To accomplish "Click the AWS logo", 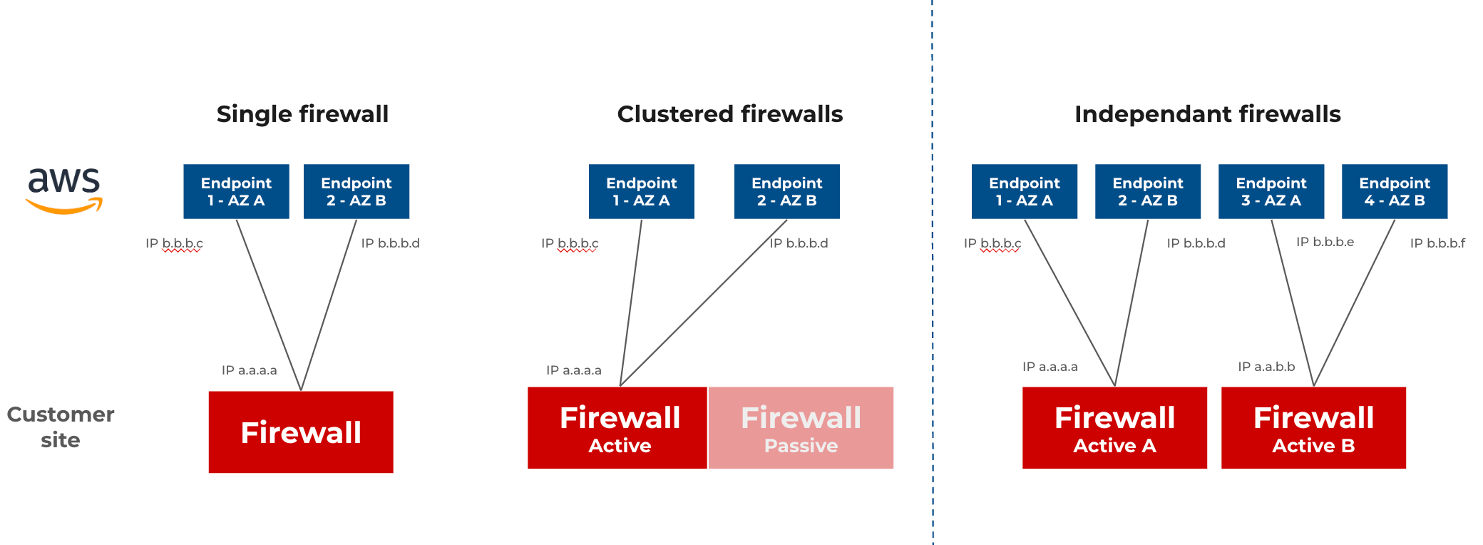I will (x=64, y=190).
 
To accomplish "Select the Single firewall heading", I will (x=302, y=114).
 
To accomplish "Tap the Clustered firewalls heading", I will (x=729, y=114).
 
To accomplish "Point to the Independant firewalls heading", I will (x=1207, y=114).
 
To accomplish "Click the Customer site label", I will (x=61, y=427).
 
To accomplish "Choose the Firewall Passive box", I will (x=801, y=428).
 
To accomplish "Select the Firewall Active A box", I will (x=1114, y=428).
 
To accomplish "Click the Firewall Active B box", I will (x=1313, y=428).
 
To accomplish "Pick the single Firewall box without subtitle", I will (x=301, y=432).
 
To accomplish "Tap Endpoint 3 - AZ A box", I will (x=1271, y=191).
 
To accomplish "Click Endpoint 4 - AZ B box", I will (x=1395, y=191).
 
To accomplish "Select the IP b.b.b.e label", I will (x=1325, y=242).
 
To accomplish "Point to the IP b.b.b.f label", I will (x=1437, y=243).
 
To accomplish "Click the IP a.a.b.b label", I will (x=1266, y=367).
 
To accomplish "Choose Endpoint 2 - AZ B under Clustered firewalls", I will (x=787, y=191).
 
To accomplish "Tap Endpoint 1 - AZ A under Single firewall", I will (x=236, y=191).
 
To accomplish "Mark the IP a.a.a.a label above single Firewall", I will (x=249, y=370).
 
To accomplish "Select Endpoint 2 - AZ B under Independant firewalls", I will (x=1148, y=191).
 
